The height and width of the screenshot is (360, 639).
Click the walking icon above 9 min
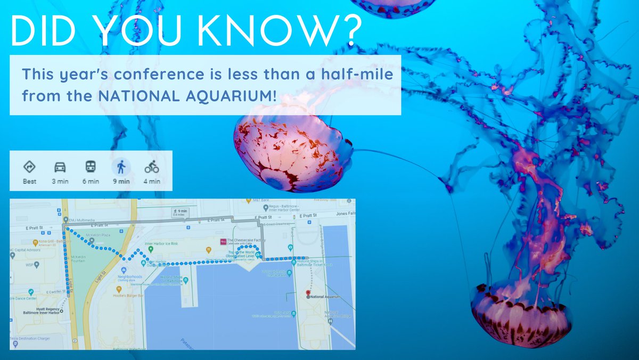[x=121, y=167]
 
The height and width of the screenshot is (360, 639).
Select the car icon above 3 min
[x=60, y=167]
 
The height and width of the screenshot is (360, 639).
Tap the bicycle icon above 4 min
[x=152, y=167]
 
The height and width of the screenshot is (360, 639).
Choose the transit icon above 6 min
[x=91, y=167]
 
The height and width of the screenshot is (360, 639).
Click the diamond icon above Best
[x=29, y=167]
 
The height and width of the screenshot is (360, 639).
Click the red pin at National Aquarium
[x=308, y=293]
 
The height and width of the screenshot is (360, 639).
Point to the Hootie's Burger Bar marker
[x=119, y=289]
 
